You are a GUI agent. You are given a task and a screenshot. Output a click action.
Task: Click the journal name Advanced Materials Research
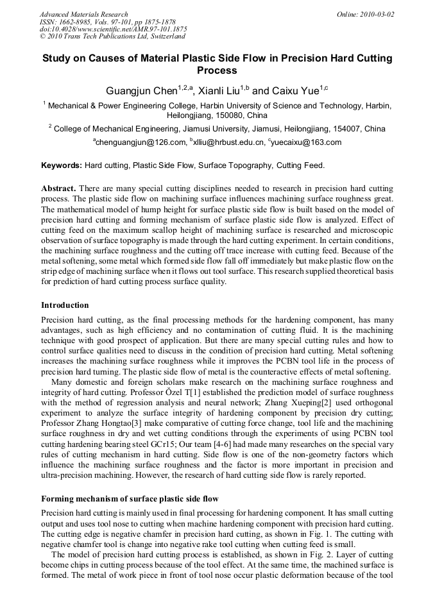pos(83,14)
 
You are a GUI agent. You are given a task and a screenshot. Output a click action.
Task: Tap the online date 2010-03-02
pos(375,14)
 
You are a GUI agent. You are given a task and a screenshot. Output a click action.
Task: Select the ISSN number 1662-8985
pos(80,22)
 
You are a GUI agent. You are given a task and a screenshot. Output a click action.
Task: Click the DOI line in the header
pos(114,29)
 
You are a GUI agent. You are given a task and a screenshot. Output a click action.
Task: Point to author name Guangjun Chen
pos(141,91)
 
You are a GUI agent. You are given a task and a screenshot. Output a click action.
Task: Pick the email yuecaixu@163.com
pos(307,142)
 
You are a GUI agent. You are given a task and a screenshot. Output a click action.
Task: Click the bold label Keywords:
pos(62,165)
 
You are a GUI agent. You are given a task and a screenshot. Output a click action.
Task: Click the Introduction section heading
pos(65,305)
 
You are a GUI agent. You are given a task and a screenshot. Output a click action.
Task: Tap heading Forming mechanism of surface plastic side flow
pos(130,499)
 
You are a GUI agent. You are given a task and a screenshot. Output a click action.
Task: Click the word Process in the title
pos(217,71)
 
